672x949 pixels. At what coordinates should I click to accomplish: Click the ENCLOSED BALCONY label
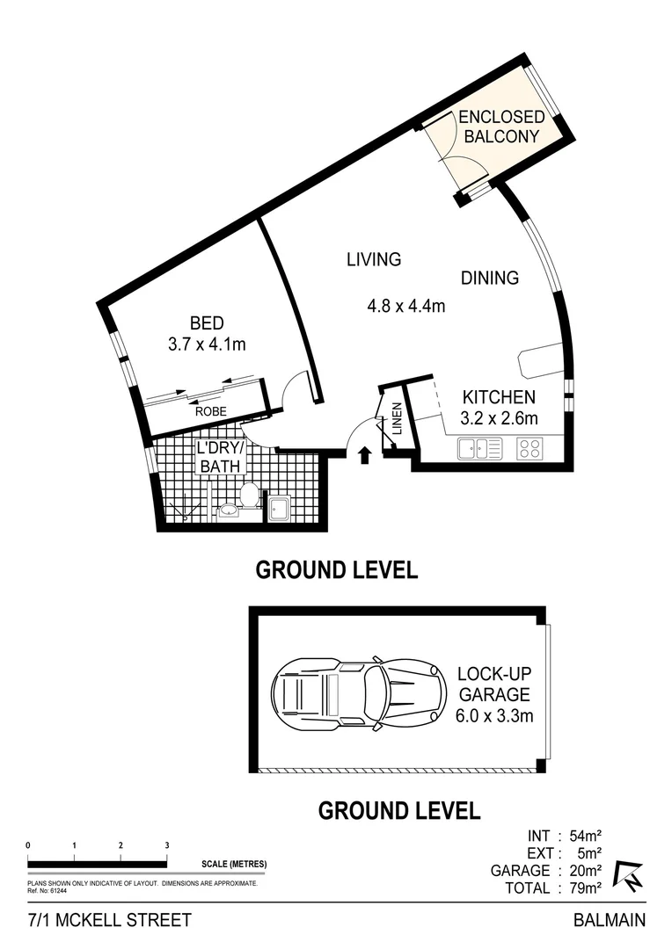[500, 127]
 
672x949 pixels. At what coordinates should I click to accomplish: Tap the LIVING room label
[373, 259]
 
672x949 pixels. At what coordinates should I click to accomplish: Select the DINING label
[490, 278]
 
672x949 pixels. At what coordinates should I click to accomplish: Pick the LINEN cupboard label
[398, 419]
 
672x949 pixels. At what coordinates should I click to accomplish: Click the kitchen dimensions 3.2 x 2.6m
[498, 418]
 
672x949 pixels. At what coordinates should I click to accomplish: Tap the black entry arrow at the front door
[366, 454]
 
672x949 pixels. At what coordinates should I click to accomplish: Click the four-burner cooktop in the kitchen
[529, 448]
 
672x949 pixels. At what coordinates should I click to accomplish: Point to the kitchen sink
[479, 448]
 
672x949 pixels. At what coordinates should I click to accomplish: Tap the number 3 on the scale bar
[166, 845]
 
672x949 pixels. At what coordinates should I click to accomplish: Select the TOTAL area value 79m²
[581, 887]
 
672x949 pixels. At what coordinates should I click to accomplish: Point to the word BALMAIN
[609, 921]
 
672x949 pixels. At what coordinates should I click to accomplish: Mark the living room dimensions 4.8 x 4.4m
[406, 307]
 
